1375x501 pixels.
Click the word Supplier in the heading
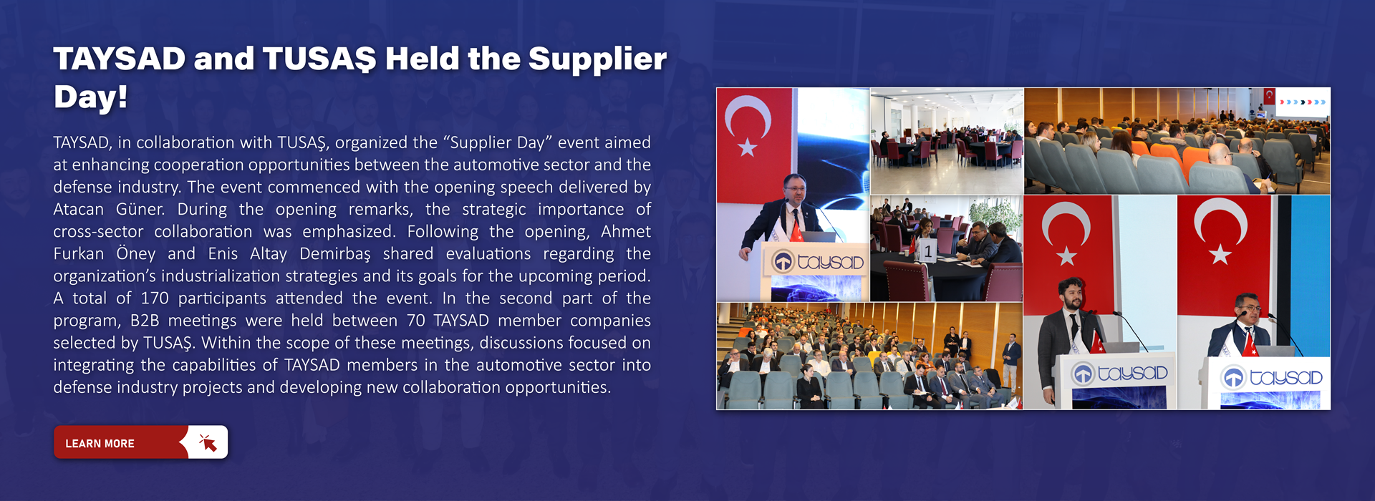click(x=597, y=59)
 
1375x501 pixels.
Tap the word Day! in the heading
click(x=90, y=97)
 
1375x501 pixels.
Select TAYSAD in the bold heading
click(x=119, y=59)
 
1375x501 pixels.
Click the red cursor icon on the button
click(x=208, y=442)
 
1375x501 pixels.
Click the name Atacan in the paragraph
click(x=79, y=210)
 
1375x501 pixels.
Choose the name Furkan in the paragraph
click(x=79, y=254)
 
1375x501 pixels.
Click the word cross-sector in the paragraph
click(x=98, y=232)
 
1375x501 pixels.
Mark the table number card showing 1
click(x=927, y=251)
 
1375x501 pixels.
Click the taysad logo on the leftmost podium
click(x=818, y=262)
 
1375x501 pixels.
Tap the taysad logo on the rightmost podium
click(x=1272, y=376)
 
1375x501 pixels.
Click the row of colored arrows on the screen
click(x=1303, y=102)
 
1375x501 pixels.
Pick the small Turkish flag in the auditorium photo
click(x=1269, y=96)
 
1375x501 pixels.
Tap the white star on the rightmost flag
click(x=1220, y=254)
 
